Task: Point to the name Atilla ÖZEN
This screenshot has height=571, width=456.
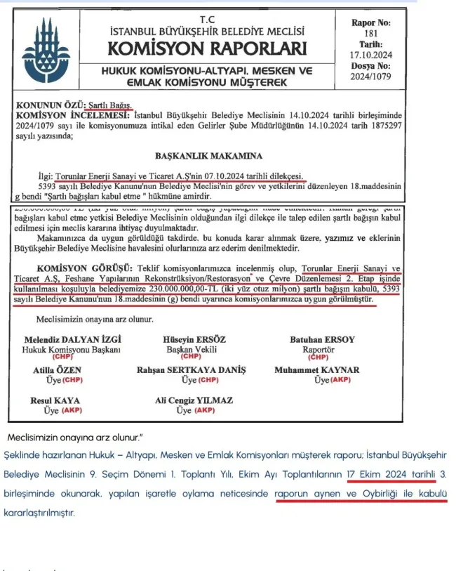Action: click(x=57, y=370)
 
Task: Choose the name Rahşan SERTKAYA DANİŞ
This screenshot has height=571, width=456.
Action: click(x=191, y=370)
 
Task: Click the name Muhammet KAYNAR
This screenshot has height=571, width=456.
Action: click(x=317, y=370)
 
